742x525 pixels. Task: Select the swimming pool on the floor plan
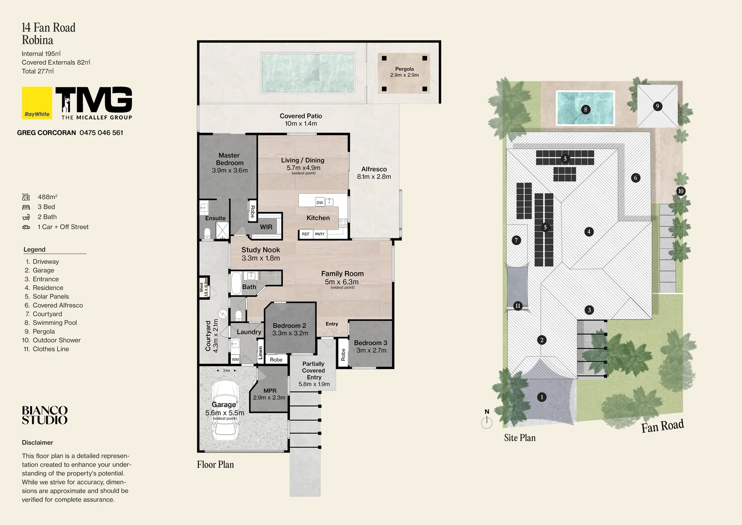point(307,73)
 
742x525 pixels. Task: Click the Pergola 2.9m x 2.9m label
point(404,72)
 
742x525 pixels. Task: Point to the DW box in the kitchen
point(320,202)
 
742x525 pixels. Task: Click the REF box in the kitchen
point(305,234)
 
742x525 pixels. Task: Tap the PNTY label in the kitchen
point(320,234)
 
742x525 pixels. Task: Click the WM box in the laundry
point(235,360)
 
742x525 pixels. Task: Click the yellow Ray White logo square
point(37,103)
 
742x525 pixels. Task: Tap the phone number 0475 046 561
point(101,133)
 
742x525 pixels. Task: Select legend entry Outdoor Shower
point(56,340)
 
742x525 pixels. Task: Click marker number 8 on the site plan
point(586,109)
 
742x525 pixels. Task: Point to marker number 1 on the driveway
point(542,397)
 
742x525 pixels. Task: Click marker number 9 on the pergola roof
point(657,106)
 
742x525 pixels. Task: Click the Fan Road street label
point(662,426)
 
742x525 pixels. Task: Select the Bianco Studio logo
point(45,416)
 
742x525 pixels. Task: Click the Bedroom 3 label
point(371,347)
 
